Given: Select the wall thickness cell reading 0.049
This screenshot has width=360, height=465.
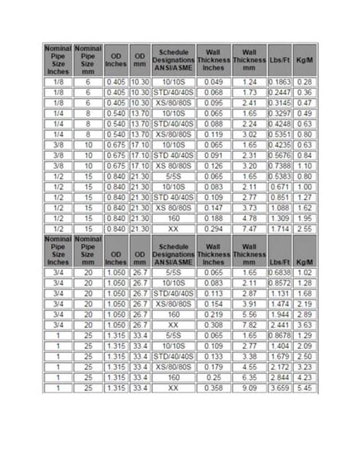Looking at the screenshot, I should [x=213, y=81].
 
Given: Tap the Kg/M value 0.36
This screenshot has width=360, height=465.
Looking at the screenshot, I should [x=305, y=92].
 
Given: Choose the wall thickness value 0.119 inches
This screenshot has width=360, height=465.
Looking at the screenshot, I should [x=213, y=134].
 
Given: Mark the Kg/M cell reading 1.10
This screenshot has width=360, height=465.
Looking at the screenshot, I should [x=305, y=165].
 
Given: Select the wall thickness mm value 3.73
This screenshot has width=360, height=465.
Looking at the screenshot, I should [x=249, y=207].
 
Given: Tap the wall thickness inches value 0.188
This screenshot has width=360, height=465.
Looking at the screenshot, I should [x=213, y=217].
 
